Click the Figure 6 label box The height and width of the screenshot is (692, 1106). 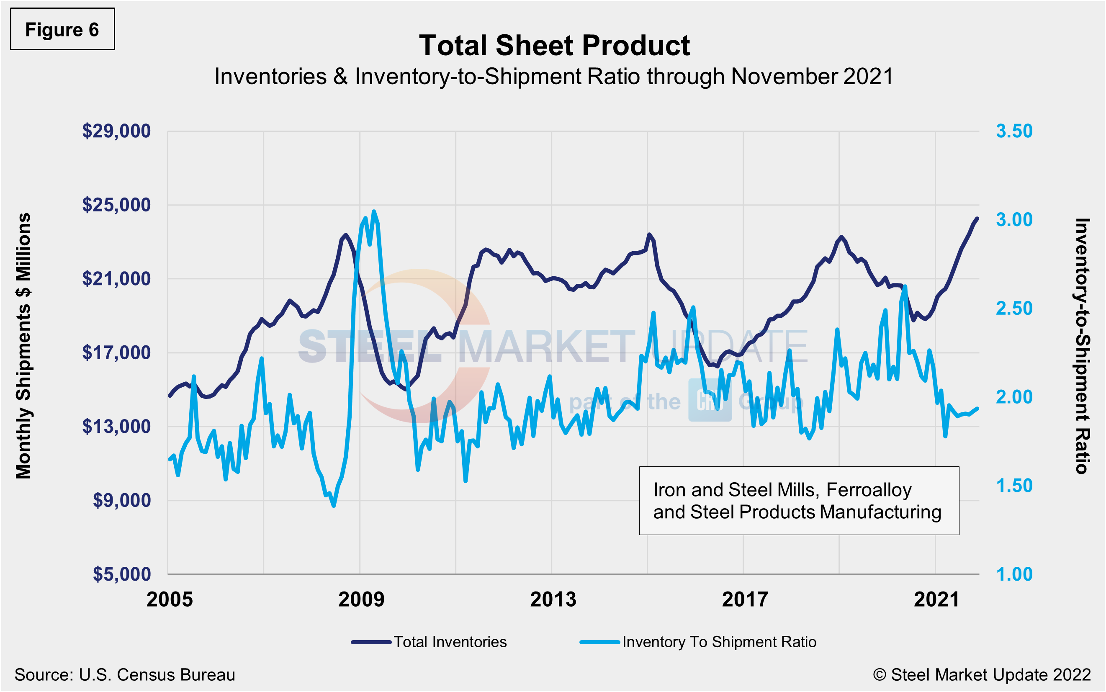62,29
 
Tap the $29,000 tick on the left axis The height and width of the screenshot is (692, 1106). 116,131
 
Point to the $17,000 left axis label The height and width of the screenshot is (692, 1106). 116,352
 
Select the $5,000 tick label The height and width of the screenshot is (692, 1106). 121,574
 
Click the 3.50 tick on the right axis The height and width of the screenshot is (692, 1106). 1014,131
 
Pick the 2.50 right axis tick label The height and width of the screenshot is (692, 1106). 1014,309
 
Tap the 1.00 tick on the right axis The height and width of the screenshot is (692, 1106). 1014,574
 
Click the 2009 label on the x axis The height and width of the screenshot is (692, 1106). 361,599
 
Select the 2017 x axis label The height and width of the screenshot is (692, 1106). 744,599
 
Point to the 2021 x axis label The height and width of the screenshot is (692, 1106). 936,599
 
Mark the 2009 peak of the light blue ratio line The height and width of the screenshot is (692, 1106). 374,211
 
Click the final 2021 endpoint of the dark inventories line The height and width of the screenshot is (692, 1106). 977,219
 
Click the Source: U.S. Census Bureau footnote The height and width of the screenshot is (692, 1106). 124,674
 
